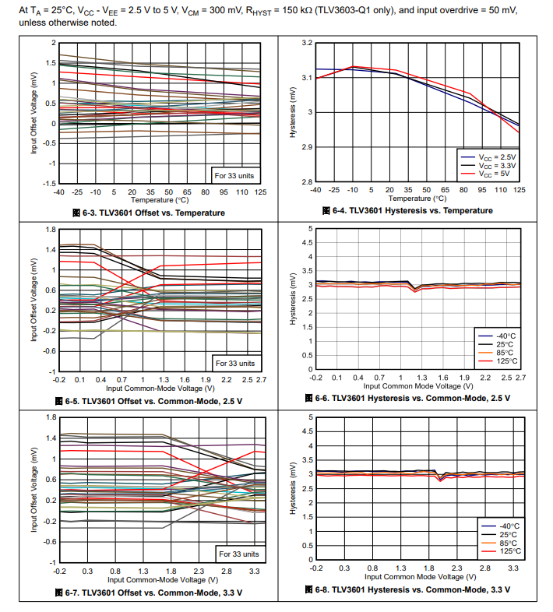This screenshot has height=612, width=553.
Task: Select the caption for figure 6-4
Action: (x=407, y=211)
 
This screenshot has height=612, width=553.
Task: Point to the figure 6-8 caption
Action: (x=407, y=589)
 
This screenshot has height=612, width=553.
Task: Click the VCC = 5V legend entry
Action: (x=498, y=174)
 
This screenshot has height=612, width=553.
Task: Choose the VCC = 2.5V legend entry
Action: (x=498, y=157)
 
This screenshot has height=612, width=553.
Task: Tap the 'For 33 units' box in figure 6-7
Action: (x=238, y=554)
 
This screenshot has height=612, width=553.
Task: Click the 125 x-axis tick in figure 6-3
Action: (x=260, y=191)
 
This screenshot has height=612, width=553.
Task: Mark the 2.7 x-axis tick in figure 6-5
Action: (x=259, y=378)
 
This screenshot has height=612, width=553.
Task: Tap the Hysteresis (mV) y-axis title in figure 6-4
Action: (x=294, y=112)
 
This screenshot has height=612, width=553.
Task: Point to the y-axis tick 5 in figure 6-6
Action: (x=310, y=229)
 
